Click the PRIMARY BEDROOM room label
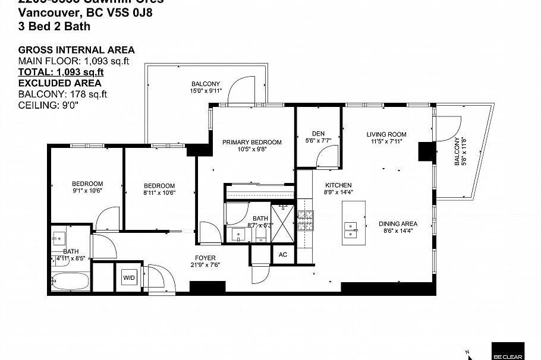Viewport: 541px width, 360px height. coord(251,142)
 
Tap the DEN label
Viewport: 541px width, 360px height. coord(317,133)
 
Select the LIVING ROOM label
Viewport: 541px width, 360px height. coord(386,134)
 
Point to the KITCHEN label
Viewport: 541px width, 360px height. coord(338,185)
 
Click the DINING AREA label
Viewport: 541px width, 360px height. coord(398,224)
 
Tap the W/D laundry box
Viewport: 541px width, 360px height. coord(129,277)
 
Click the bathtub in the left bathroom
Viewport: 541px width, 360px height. coord(70,281)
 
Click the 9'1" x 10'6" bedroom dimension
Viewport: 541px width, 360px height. coord(87,191)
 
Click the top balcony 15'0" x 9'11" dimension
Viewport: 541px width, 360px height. coord(206,91)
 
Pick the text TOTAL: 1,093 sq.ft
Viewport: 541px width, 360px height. coord(61,72)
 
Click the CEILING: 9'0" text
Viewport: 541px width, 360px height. coord(48,105)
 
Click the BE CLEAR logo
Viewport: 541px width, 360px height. coord(507,351)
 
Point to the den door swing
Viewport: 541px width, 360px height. coord(328,157)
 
